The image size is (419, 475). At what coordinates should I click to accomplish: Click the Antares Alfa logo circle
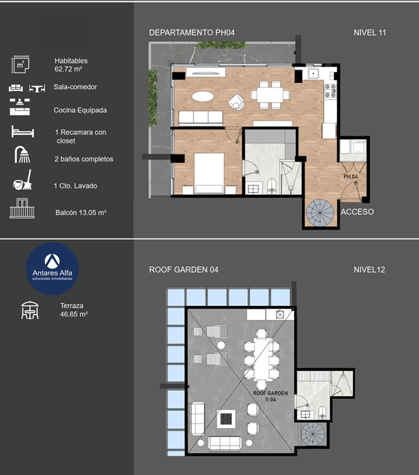pos(52,269)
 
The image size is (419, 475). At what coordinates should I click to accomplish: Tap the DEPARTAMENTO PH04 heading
pos(192,33)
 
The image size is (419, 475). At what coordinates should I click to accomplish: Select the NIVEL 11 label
pos(370,33)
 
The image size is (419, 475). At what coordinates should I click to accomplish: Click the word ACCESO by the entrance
pos(357,212)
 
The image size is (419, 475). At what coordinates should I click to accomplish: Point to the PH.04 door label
pos(351,176)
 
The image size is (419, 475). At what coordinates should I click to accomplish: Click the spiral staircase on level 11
pos(320,212)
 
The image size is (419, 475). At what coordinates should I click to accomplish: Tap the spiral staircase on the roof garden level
pos(313,434)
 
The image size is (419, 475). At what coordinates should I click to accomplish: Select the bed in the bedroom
pos(209,173)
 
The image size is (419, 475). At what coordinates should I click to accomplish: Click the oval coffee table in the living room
pos(202,96)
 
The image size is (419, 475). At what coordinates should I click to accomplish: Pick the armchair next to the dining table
pos(237,102)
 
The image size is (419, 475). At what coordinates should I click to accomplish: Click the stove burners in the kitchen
pos(330,91)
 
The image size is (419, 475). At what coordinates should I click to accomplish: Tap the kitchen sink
pos(313,73)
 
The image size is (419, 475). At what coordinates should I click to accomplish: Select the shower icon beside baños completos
pos(22,155)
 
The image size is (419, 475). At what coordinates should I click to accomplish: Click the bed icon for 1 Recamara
pos(23,132)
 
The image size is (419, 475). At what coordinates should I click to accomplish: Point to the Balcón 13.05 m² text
pos(81,212)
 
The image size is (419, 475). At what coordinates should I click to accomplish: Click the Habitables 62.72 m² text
pos(71,65)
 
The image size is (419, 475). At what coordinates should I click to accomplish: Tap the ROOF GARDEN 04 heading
pos(184,270)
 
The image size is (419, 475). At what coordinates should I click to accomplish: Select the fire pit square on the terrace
pos(226,419)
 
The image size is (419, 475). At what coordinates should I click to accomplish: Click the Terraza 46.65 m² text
pos(74,310)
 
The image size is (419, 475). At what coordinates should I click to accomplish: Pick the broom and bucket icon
pos(23,180)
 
